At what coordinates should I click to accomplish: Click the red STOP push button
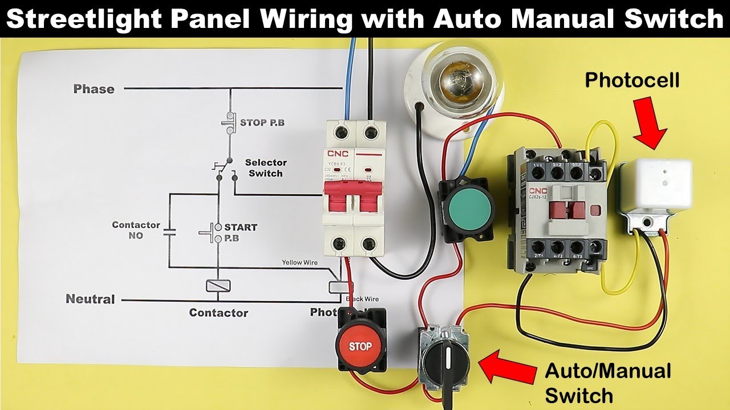(360, 346)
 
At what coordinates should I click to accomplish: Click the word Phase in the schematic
(94, 89)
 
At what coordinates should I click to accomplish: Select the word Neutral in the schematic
(90, 299)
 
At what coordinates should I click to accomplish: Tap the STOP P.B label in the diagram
(261, 122)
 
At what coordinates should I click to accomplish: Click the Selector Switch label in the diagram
(266, 168)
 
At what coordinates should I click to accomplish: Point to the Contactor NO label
(136, 230)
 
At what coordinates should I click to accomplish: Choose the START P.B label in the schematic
(240, 232)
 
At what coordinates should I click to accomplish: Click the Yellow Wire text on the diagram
(301, 263)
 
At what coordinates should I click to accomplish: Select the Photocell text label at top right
(632, 80)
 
